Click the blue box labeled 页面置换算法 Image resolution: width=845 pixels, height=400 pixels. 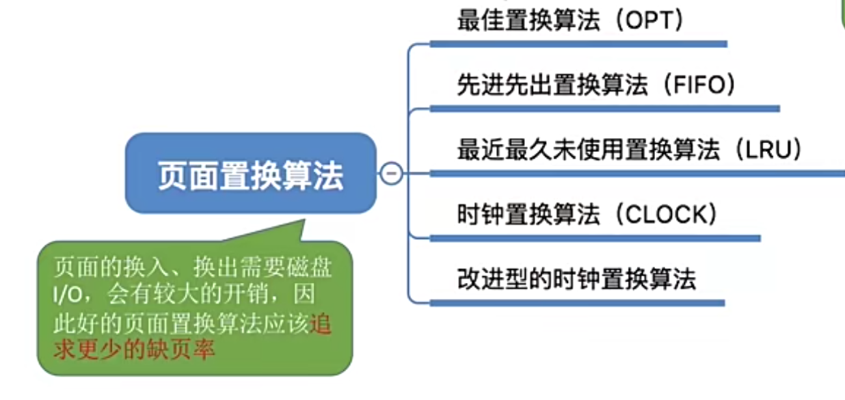[x=250, y=174]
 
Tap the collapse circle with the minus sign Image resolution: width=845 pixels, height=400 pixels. [x=391, y=174]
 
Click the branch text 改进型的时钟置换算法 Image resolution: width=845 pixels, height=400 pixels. [x=576, y=279]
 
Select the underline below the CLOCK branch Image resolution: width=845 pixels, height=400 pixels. [x=595, y=238]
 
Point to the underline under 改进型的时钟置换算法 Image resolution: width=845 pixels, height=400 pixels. [x=576, y=302]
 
